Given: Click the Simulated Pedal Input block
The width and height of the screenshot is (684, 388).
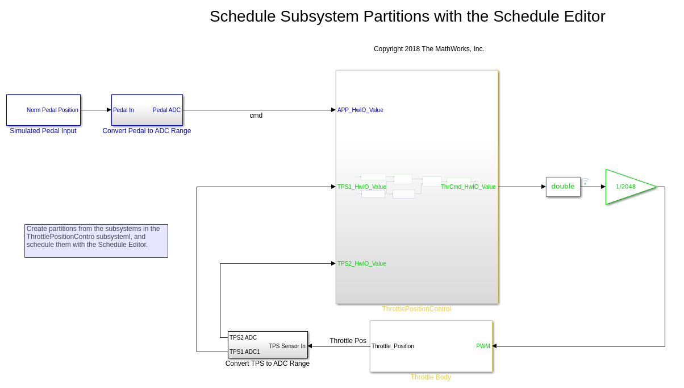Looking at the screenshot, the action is pyautogui.click(x=43, y=110).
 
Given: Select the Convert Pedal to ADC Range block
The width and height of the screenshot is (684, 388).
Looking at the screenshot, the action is pyautogui.click(x=147, y=110).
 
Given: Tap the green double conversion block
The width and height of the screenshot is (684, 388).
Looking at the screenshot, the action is pyautogui.click(x=563, y=187).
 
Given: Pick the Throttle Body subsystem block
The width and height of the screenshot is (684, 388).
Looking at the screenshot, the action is pyautogui.click(x=431, y=346).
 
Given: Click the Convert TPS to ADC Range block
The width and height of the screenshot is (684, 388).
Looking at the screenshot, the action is pyautogui.click(x=268, y=345).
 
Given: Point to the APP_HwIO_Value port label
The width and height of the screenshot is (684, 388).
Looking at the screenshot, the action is pyautogui.click(x=360, y=110).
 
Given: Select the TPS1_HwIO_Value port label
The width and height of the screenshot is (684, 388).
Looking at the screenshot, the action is pyautogui.click(x=361, y=187).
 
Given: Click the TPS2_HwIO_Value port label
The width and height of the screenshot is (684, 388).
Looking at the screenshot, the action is pyautogui.click(x=361, y=263).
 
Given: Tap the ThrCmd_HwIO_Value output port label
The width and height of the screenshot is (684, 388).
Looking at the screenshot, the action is pyautogui.click(x=468, y=187).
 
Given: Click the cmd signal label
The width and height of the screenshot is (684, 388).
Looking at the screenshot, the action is pyautogui.click(x=256, y=115).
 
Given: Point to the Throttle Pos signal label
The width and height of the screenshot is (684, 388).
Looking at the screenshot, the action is pyautogui.click(x=348, y=341).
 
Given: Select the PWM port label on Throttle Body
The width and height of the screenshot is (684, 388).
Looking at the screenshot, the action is pyautogui.click(x=483, y=346).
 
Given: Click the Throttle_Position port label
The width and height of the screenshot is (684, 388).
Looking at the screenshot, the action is pyautogui.click(x=393, y=346).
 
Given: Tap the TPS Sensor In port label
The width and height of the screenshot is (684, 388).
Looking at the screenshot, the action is pyautogui.click(x=287, y=346).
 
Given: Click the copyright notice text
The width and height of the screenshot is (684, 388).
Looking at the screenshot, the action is pyautogui.click(x=429, y=49).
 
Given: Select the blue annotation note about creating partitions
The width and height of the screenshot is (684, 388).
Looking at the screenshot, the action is pyautogui.click(x=96, y=241).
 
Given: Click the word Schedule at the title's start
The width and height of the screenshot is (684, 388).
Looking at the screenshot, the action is pyautogui.click(x=243, y=16).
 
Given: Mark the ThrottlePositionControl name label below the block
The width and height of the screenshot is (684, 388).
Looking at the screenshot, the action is pyautogui.click(x=417, y=309).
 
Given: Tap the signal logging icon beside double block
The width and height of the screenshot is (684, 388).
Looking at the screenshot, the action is pyautogui.click(x=585, y=181).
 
